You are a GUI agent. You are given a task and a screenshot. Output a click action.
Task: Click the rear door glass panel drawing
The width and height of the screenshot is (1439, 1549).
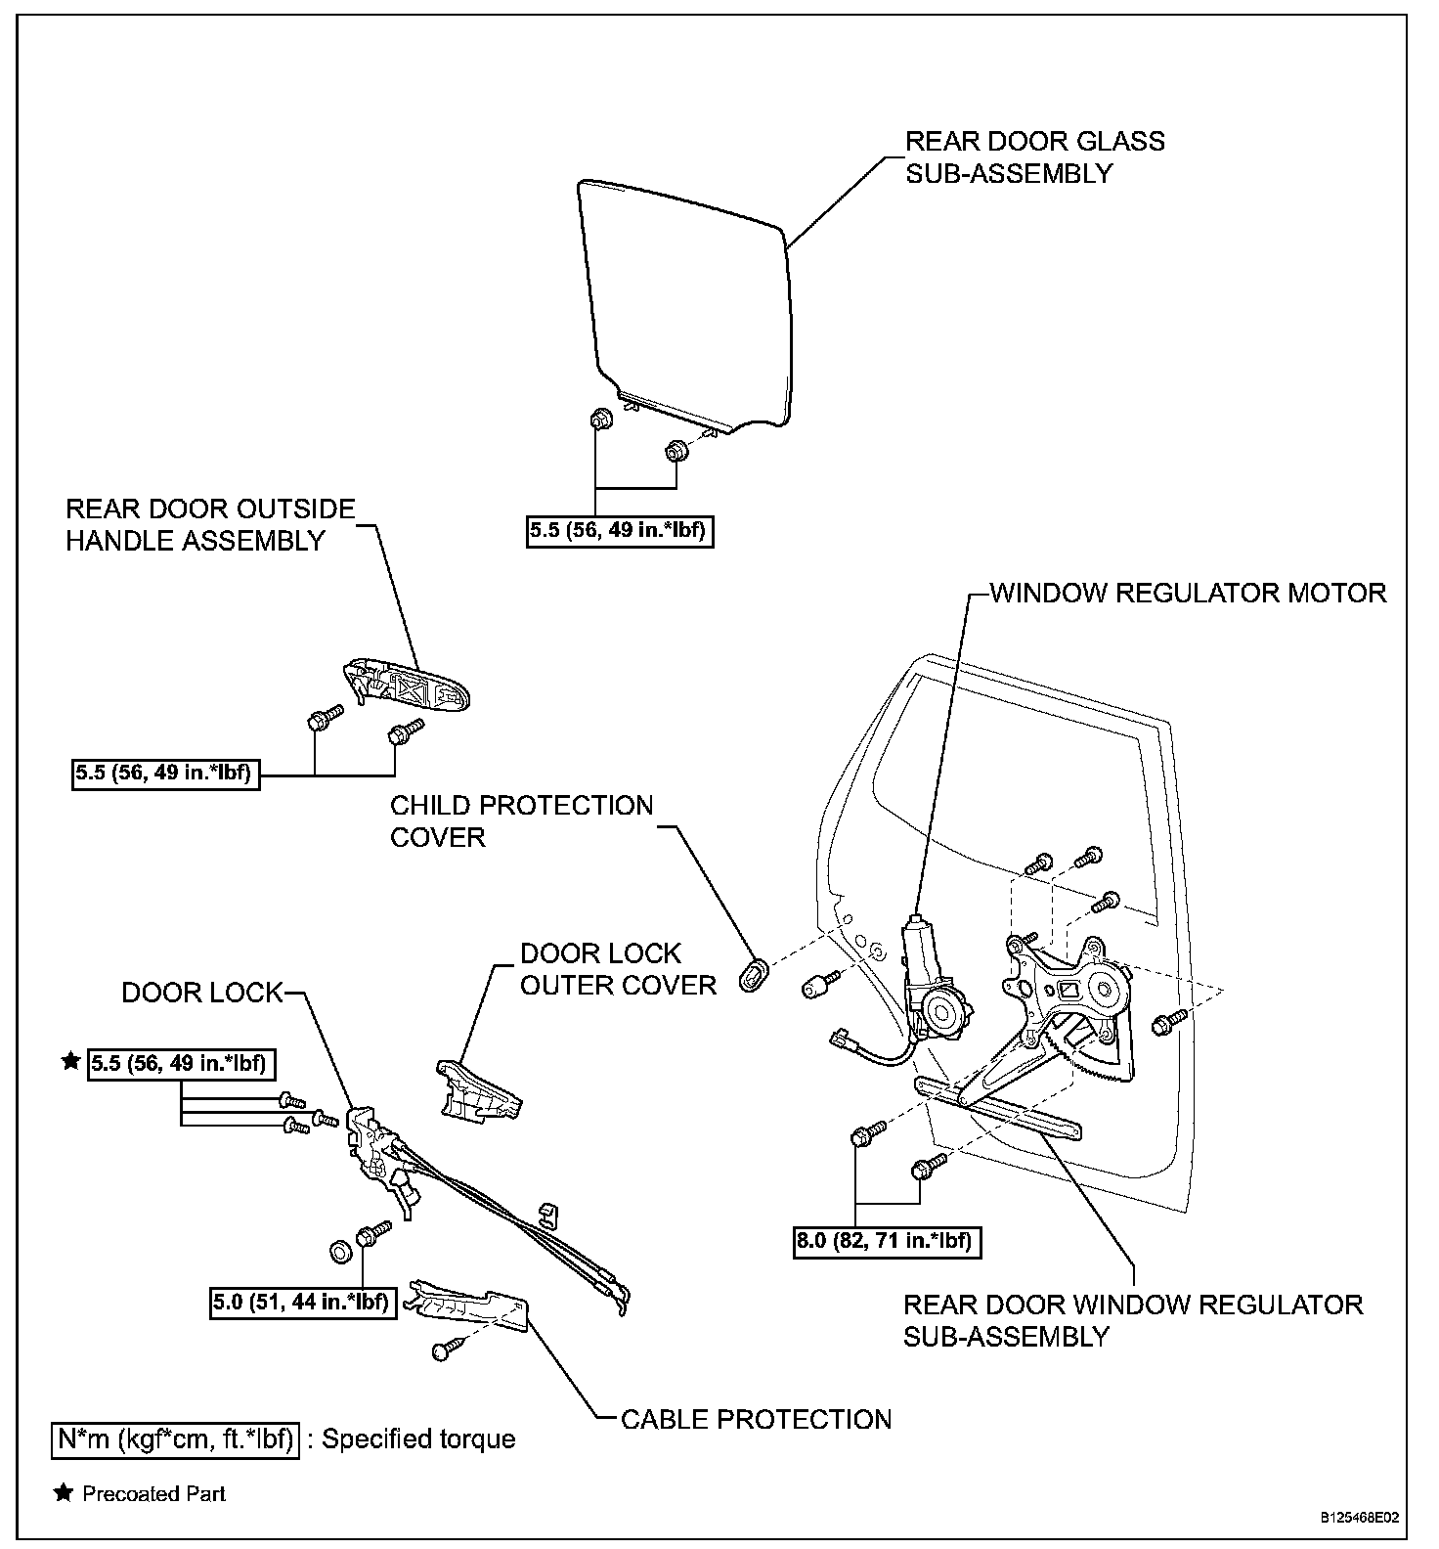(684, 303)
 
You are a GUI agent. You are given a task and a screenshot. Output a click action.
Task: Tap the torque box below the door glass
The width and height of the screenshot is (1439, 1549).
(620, 532)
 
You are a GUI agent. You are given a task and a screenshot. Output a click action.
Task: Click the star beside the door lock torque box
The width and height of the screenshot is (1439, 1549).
(70, 1062)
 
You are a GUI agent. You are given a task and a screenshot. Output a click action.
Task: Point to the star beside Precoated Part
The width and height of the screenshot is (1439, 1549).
(64, 1493)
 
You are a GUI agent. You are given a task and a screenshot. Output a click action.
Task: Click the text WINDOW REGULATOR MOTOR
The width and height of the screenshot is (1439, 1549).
(1188, 593)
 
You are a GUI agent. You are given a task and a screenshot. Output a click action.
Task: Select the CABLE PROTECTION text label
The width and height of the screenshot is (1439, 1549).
(757, 1419)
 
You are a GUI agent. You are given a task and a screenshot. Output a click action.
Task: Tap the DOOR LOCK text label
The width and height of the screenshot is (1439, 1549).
(201, 993)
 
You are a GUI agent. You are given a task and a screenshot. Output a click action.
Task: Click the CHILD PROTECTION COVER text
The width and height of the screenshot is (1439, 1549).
(521, 820)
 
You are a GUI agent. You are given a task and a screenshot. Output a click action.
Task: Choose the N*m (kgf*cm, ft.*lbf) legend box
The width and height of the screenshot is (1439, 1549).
(175, 1439)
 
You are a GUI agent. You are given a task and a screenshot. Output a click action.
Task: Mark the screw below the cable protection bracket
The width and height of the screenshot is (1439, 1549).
(445, 1350)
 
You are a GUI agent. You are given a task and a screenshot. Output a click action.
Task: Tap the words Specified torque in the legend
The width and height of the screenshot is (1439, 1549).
(418, 1439)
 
